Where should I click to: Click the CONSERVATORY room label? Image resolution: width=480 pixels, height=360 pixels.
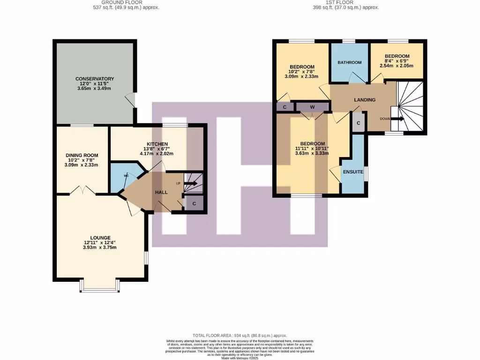95,79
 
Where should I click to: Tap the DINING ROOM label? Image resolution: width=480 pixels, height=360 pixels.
82,155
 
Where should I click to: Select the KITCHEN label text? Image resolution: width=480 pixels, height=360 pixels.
157,144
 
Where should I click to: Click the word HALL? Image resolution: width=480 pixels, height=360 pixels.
162,193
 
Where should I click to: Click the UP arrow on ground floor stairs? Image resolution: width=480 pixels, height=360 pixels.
190,184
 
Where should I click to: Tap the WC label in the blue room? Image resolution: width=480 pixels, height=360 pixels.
126,176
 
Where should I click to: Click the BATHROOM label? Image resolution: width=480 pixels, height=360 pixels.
350,62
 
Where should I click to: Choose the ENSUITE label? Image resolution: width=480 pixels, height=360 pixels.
353,172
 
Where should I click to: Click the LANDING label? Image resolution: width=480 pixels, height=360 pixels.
364,100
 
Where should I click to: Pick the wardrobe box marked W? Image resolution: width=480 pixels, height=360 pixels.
312,107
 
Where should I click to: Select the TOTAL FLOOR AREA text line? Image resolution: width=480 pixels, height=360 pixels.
240,336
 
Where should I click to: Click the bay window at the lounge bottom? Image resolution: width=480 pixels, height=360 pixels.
99,287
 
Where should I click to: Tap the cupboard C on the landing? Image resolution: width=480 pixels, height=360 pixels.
359,123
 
